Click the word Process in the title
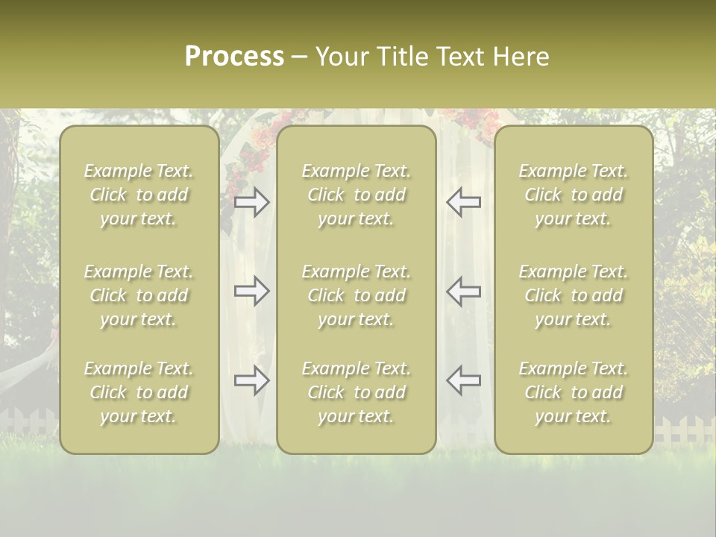pos(234,57)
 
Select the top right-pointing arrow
pos(252,201)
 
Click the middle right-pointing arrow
pos(252,290)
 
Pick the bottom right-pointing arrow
pos(252,380)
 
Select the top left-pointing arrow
pos(463,201)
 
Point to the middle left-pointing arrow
pos(463,290)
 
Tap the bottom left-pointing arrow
pos(463,380)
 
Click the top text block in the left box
pos(139,195)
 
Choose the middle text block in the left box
pos(139,295)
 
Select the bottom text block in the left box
pos(139,392)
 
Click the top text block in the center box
pos(357,195)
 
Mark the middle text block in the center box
pos(357,295)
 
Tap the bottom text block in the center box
pos(357,392)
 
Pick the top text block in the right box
pos(574,195)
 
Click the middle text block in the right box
pos(574,295)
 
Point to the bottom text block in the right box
pos(574,392)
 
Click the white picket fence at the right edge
pos(685,431)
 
